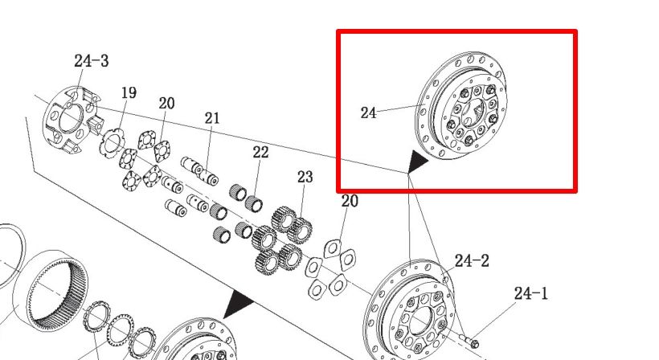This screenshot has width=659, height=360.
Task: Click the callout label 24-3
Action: (91, 61)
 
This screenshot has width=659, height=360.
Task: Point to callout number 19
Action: (129, 93)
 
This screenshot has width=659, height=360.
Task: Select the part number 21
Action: (212, 118)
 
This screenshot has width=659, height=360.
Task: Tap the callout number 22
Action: (260, 152)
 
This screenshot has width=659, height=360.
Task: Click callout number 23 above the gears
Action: (305, 177)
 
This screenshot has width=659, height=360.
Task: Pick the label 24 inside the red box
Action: (368, 113)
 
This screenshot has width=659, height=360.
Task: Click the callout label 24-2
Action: (472, 261)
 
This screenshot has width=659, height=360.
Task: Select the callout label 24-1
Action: (531, 293)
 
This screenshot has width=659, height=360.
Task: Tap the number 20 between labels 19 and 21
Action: (166, 104)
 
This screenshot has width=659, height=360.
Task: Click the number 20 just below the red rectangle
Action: (350, 201)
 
